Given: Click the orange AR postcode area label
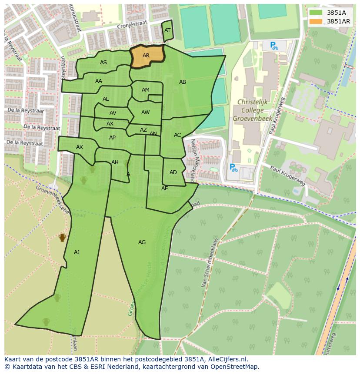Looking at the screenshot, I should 146,56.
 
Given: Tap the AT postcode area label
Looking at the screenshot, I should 167,30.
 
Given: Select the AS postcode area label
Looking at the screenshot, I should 103,63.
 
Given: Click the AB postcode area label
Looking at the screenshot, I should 183,82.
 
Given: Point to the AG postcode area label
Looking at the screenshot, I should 142,242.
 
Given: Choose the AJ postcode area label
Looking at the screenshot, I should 77,252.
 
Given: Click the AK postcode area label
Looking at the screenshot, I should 80,147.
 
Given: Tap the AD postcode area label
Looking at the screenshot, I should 173,172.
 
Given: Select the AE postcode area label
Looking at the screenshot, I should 164,189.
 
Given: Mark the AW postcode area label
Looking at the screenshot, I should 145,113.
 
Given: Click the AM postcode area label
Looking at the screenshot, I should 146,90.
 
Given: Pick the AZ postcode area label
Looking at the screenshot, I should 143,130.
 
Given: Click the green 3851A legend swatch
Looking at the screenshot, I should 316,13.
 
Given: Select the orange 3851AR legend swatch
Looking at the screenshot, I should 316,21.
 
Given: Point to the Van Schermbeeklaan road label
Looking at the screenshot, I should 209,265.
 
